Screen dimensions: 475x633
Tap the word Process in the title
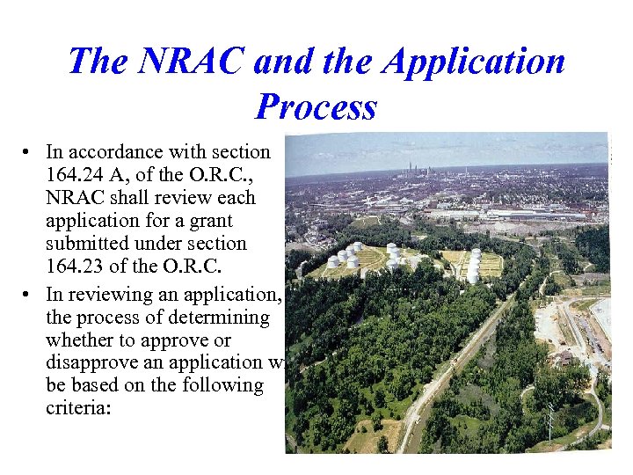pyautogui.click(x=316, y=106)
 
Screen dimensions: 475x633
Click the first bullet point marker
pyautogui.click(x=29, y=152)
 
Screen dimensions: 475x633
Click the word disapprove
pyautogui.click(x=89, y=362)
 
